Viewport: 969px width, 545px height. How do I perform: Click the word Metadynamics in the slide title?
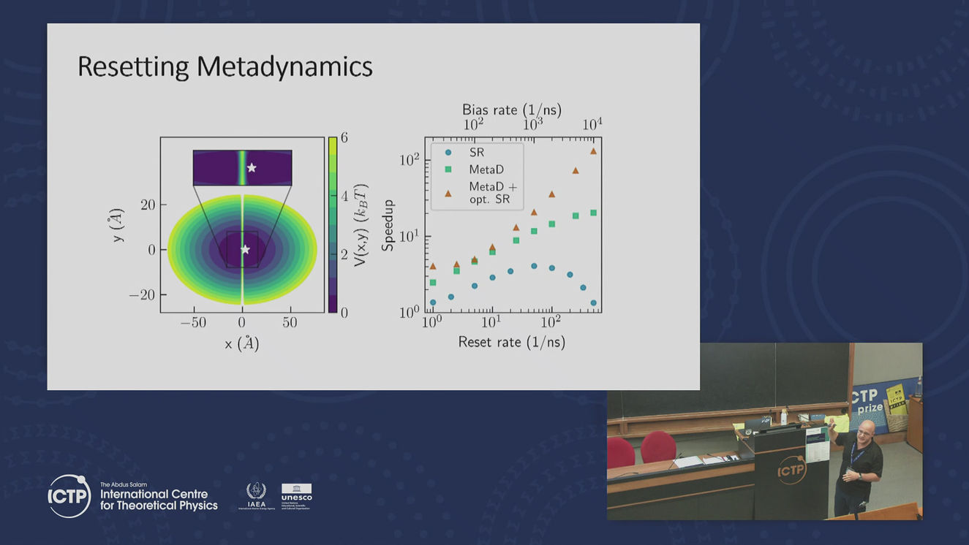(x=284, y=66)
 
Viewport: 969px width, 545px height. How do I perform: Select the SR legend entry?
(x=476, y=153)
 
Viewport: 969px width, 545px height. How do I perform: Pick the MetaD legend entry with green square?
(x=486, y=169)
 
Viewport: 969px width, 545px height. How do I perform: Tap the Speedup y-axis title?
(x=388, y=225)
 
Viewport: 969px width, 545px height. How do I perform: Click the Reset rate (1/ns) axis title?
(x=511, y=341)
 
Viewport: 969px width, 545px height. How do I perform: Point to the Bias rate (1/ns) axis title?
(x=511, y=110)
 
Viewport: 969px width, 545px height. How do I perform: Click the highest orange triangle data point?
(x=593, y=151)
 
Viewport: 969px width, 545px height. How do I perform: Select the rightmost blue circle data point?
(x=593, y=302)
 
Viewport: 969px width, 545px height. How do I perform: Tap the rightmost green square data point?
(x=593, y=213)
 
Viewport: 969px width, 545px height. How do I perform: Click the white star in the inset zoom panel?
(x=252, y=167)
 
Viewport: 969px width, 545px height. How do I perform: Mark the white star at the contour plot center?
(x=245, y=250)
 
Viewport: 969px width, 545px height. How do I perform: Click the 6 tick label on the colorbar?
(x=344, y=137)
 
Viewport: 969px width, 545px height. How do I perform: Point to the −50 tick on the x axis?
(x=194, y=323)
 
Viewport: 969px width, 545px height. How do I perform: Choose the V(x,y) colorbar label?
(x=360, y=224)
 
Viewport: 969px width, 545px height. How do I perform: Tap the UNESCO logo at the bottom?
(x=296, y=495)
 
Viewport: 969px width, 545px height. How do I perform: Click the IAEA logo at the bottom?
(x=257, y=495)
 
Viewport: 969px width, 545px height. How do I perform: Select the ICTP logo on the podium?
(x=791, y=470)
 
